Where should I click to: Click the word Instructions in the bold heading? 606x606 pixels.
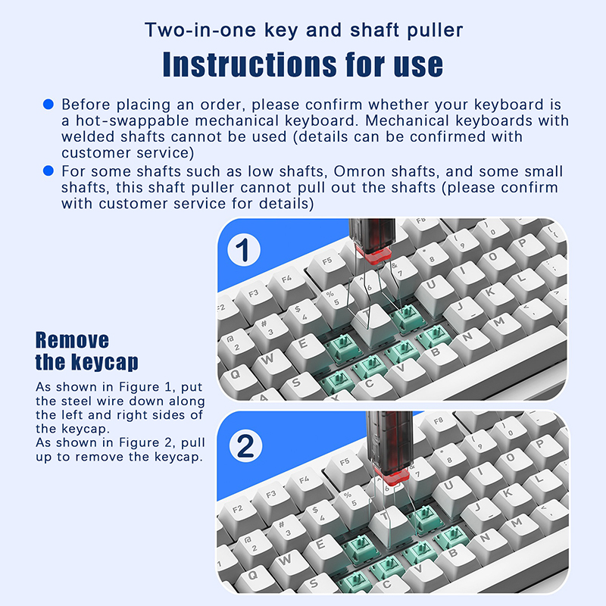(250, 64)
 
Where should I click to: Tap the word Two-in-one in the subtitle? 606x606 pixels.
(200, 30)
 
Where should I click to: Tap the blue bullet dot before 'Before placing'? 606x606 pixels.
(48, 104)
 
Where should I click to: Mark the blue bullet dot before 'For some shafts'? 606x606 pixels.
(48, 170)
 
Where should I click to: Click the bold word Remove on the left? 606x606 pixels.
(72, 340)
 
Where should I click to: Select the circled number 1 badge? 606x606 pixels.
(244, 250)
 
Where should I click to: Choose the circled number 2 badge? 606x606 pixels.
(245, 445)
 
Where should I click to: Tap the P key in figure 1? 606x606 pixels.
(523, 245)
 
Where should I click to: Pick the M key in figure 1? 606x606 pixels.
(499, 323)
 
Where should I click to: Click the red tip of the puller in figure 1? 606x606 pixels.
(373, 255)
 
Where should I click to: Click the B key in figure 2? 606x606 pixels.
(453, 554)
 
